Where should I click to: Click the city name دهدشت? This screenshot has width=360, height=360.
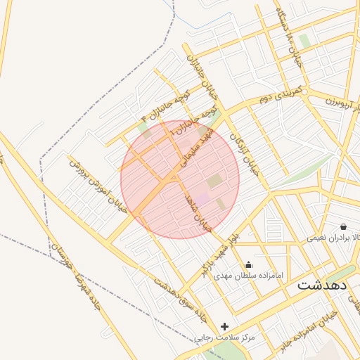tap(322, 285)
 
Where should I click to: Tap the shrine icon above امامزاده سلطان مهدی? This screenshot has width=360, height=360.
tap(248, 265)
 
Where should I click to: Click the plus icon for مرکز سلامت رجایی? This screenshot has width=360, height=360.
tap(224, 326)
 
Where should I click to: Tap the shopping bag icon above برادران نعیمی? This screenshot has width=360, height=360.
tap(343, 226)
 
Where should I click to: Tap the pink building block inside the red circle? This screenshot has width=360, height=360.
tap(202, 200)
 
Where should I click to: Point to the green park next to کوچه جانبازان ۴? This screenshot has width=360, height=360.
tap(145, 129)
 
